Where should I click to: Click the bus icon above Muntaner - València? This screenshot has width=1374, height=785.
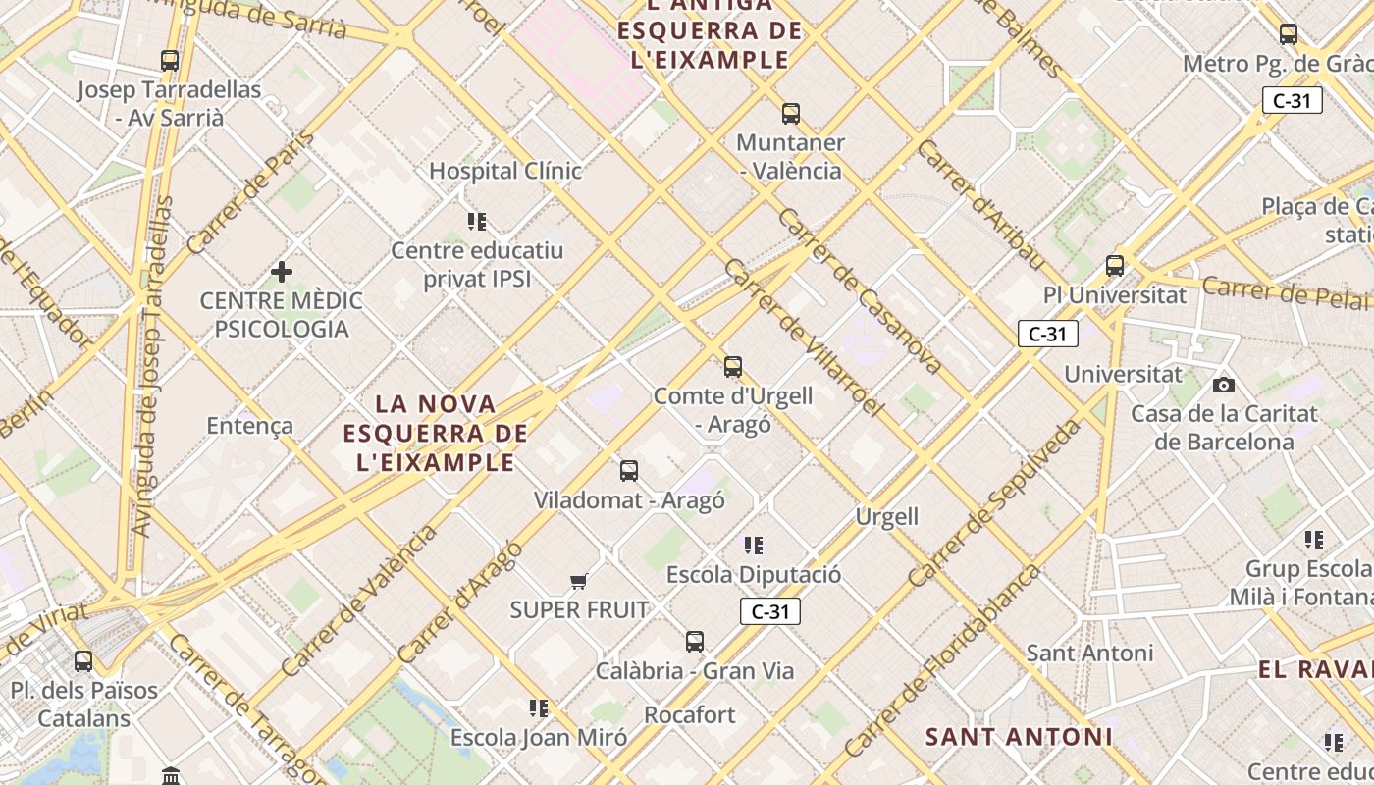click(x=791, y=114)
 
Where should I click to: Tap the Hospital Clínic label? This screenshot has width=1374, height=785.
click(x=505, y=171)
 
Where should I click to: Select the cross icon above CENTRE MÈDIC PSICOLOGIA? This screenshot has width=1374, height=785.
click(x=282, y=271)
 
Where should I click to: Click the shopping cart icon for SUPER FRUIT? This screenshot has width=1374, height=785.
click(x=579, y=582)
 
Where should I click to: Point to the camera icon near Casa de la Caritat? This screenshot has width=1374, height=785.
click(x=1224, y=386)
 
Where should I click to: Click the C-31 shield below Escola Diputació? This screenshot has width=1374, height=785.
click(x=770, y=612)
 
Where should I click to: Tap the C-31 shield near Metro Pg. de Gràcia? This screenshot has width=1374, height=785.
click(x=1292, y=100)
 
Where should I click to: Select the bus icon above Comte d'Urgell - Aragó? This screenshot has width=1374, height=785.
click(x=733, y=367)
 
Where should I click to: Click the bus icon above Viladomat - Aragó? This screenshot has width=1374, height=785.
click(x=629, y=471)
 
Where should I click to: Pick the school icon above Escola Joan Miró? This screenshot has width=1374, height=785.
click(x=538, y=707)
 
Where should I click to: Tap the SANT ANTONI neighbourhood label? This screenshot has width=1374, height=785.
click(x=1020, y=736)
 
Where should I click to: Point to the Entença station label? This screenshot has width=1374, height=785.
click(x=250, y=426)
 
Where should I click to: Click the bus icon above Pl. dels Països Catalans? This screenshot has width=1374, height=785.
click(x=83, y=661)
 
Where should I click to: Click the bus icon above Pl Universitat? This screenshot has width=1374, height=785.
click(x=1115, y=266)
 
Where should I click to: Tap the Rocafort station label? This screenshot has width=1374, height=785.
click(x=690, y=714)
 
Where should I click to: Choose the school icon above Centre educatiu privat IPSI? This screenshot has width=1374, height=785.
click(x=477, y=222)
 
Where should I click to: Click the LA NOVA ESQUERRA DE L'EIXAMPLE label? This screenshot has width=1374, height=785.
click(x=436, y=433)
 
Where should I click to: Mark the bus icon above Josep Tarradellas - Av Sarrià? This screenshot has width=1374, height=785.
click(x=170, y=61)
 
